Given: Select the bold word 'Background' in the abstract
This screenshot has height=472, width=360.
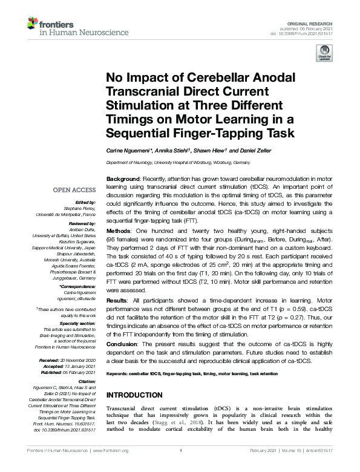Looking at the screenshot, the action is pyautogui.click(x=123, y=180).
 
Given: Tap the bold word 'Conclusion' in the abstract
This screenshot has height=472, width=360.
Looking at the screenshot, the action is pyautogui.click(x=123, y=343).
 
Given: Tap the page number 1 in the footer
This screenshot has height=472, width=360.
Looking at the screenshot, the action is pyautogui.click(x=180, y=451).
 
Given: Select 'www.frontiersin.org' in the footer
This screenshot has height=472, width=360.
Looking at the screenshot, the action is pyautogui.click(x=111, y=451).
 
